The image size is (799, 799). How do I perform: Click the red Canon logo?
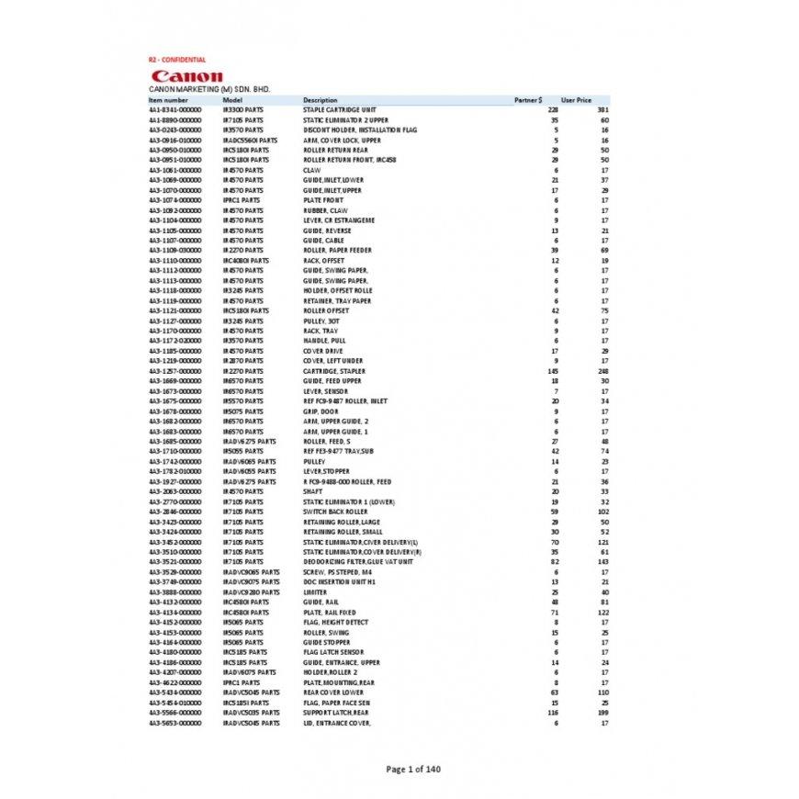[187, 75]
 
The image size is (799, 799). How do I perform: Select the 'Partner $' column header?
[527, 99]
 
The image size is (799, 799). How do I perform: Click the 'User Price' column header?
[576, 99]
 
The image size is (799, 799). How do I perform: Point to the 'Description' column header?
[320, 99]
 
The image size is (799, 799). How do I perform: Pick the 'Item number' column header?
[168, 99]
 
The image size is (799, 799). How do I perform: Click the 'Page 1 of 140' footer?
[413, 769]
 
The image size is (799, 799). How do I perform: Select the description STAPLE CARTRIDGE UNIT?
[340, 109]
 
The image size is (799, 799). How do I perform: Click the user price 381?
[604, 109]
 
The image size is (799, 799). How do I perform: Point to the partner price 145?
[554, 370]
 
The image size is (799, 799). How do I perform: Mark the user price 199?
[604, 712]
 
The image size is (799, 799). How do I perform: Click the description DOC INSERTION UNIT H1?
[334, 581]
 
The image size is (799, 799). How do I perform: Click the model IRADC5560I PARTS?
[250, 140]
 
